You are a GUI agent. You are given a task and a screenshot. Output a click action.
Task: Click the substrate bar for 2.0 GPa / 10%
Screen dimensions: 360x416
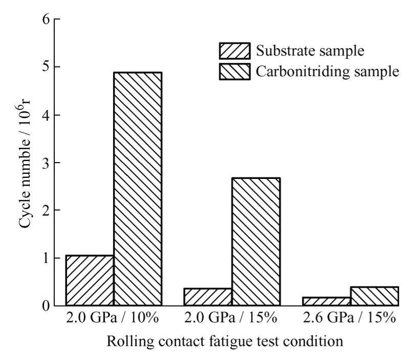click(90, 280)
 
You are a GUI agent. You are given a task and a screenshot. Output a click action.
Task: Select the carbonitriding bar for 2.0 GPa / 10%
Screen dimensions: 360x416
click(138, 189)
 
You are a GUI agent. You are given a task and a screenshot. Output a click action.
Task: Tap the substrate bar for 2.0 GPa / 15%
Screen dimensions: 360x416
click(208, 297)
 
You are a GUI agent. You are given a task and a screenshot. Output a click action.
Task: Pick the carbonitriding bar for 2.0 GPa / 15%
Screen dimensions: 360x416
click(256, 241)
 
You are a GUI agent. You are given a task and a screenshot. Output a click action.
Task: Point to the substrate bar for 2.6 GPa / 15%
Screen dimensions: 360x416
click(326, 301)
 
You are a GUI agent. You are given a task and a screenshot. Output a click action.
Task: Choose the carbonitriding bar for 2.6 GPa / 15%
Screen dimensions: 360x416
click(374, 296)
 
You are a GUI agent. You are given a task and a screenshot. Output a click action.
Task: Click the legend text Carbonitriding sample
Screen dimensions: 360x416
click(327, 71)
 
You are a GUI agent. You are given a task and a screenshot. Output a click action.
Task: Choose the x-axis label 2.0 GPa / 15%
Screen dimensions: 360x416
click(232, 318)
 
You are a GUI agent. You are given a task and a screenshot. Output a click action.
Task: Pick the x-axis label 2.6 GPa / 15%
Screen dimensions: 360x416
click(350, 318)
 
